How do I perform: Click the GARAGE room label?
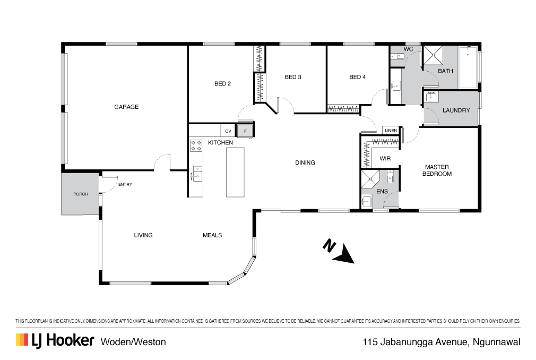[x=126, y=107]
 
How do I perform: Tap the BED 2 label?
[x=222, y=83]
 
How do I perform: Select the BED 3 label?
[x=293, y=77]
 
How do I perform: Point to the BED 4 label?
[x=357, y=77]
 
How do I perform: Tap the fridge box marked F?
[x=245, y=131]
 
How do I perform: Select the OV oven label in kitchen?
[x=228, y=131]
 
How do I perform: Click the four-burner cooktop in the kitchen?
[x=196, y=145]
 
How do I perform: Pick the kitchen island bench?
[x=235, y=172]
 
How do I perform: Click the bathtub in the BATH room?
[x=468, y=67]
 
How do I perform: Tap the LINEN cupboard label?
[x=391, y=130]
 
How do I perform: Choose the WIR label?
[x=385, y=158]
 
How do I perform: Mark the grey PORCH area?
[x=80, y=194]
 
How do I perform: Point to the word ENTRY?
[x=125, y=184]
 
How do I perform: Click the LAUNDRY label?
[x=456, y=110]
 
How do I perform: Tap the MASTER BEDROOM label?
[x=437, y=170]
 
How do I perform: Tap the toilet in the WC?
[x=394, y=56]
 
